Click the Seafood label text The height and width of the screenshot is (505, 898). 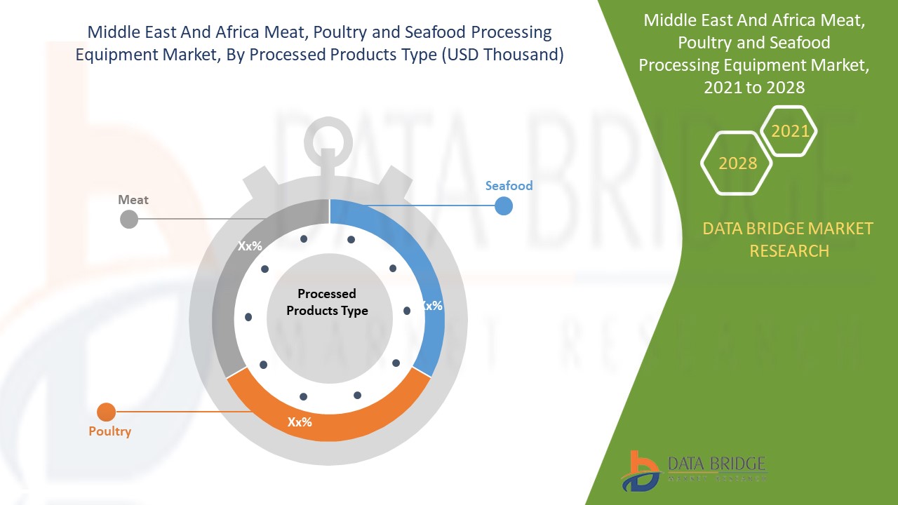509,186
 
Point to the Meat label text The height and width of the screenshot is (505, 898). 133,200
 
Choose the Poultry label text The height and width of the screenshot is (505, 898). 109,431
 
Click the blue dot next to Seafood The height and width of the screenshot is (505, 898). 504,206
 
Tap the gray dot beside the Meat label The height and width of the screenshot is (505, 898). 129,220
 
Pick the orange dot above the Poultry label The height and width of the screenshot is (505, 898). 106,412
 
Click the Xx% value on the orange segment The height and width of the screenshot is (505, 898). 300,422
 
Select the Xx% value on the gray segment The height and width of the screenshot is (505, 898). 249,246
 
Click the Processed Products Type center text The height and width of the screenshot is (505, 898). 327,302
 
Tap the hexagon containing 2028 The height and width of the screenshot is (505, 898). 737,163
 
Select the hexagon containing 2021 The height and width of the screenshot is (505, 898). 790,131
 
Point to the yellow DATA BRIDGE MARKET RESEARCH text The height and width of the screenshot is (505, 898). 789,239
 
